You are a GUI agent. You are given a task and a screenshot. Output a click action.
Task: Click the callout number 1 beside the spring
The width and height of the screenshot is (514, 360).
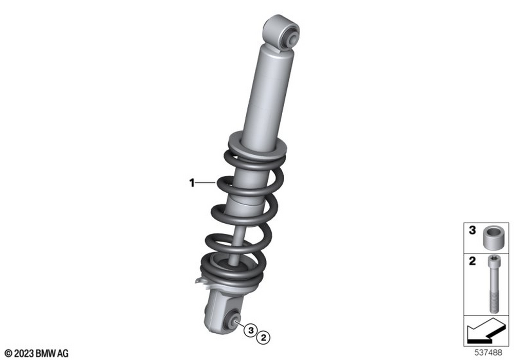click(192, 183)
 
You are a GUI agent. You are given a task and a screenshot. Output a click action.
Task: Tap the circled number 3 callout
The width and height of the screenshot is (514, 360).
click(251, 330)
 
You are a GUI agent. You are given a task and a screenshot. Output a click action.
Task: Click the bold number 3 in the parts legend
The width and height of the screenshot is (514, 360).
click(472, 230)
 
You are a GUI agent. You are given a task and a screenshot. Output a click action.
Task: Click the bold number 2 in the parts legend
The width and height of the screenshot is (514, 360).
click(472, 261)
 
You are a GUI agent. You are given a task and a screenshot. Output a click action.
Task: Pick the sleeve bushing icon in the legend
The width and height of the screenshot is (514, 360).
click(492, 238)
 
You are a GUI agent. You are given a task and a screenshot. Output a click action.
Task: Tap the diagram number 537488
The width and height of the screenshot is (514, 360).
click(488, 353)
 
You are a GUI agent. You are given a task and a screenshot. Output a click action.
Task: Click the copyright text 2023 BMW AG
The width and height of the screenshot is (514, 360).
click(37, 353)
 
